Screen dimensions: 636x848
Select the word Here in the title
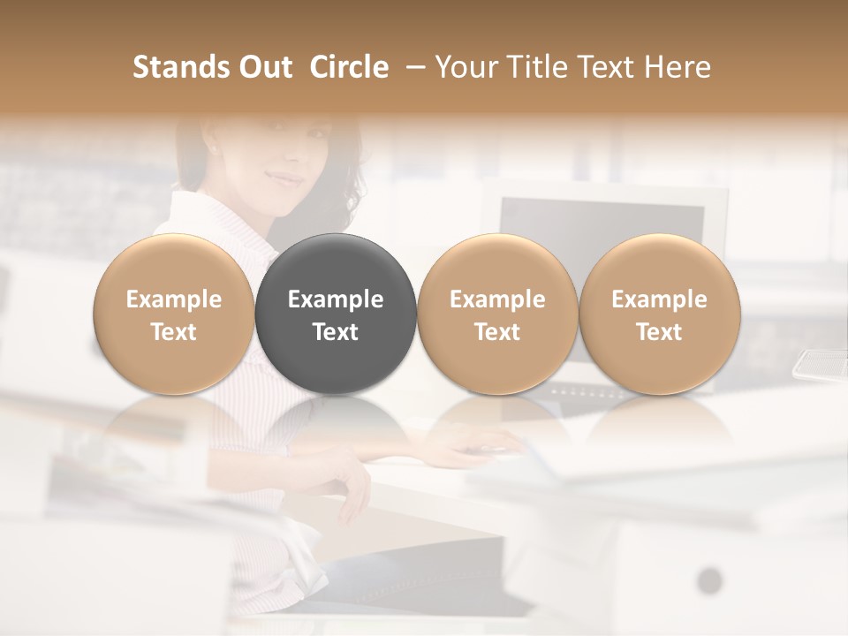tap(678, 67)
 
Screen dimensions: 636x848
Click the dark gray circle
tap(336, 314)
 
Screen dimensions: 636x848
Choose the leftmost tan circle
tap(174, 314)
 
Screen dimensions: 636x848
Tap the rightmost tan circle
tap(659, 314)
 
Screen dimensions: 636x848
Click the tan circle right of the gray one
tap(497, 314)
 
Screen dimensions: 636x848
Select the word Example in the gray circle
tap(336, 299)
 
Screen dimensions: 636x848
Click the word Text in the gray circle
tap(336, 332)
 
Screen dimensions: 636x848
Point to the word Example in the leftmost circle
tap(174, 299)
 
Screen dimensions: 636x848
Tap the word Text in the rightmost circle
tap(659, 332)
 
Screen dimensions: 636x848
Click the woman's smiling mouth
tap(285, 179)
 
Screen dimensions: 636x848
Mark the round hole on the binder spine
tap(709, 581)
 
